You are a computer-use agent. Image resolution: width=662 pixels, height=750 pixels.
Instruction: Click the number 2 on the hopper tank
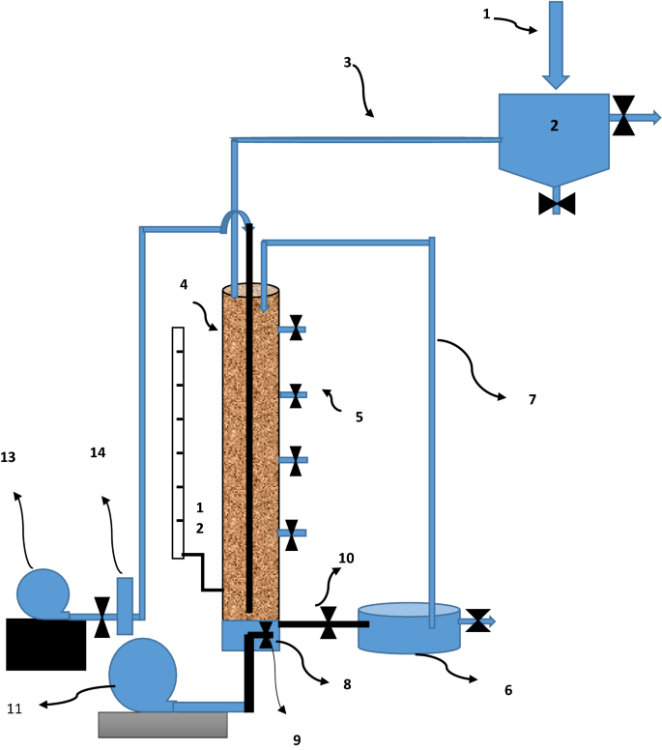pos(555,125)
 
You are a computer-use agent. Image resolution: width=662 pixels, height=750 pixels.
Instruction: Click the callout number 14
pos(97,451)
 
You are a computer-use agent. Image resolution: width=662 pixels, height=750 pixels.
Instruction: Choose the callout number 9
pos(298,739)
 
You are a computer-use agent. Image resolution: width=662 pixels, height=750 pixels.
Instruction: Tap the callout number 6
pos(508,690)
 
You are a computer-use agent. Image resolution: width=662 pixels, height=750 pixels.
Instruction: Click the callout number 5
pos(359,417)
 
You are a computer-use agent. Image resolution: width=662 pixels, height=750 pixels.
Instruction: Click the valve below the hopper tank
pos(557,203)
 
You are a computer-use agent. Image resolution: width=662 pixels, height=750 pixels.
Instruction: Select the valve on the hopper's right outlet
pos(625,116)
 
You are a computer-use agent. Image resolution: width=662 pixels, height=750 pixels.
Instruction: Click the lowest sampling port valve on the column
pos(291,534)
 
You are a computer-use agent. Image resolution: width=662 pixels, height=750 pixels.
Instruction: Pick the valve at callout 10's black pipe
pos(329,621)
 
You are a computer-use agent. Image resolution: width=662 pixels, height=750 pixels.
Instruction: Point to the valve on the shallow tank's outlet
pos(477,620)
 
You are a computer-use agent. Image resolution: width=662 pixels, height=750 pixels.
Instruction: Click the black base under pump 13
pos(45,644)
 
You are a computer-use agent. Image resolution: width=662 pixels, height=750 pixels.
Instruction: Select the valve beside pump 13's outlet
pos(101,617)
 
